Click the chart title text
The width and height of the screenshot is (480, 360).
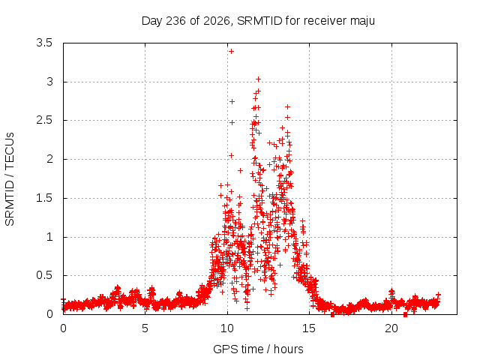[x=258, y=21]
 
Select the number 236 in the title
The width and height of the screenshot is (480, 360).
[x=175, y=21]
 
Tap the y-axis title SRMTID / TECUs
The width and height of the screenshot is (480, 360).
[x=10, y=179]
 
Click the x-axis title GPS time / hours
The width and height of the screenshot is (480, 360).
[x=258, y=349]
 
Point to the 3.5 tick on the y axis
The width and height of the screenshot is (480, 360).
[x=44, y=43]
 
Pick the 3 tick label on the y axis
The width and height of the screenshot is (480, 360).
[x=49, y=82]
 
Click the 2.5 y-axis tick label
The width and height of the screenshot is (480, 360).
[x=44, y=120]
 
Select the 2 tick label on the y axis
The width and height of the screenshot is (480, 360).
[x=49, y=159]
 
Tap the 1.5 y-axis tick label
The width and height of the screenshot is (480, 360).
[x=44, y=198]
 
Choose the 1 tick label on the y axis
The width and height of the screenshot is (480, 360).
[x=49, y=237]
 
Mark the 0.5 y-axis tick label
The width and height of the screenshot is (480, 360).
[x=44, y=275]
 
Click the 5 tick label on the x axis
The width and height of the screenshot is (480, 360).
[x=145, y=328]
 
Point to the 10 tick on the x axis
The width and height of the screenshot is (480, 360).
[x=227, y=328]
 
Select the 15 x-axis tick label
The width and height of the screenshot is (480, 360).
[x=309, y=328]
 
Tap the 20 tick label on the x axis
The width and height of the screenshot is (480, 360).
[x=391, y=328]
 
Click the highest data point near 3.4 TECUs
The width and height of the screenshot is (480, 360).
[x=232, y=52]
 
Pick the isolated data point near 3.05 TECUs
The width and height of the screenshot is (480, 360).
[x=258, y=79]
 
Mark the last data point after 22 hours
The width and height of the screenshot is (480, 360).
[x=438, y=295]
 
